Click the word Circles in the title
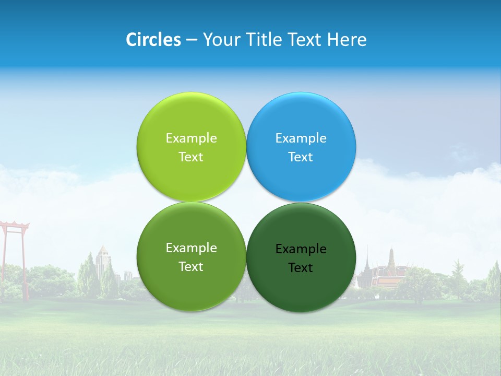pyautogui.click(x=153, y=40)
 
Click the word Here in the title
pyautogui.click(x=347, y=40)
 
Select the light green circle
pyautogui.click(x=191, y=120)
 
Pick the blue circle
pyautogui.click(x=301, y=120)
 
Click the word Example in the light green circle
pyautogui.click(x=191, y=138)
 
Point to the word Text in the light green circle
pyautogui.click(x=191, y=157)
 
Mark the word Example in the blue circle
pyautogui.click(x=301, y=138)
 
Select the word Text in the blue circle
pyautogui.click(x=301, y=157)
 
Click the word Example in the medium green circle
pyautogui.click(x=191, y=248)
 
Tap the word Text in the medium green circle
pyautogui.click(x=191, y=266)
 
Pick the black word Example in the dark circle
pyautogui.click(x=301, y=249)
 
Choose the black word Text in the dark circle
pyautogui.click(x=301, y=267)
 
